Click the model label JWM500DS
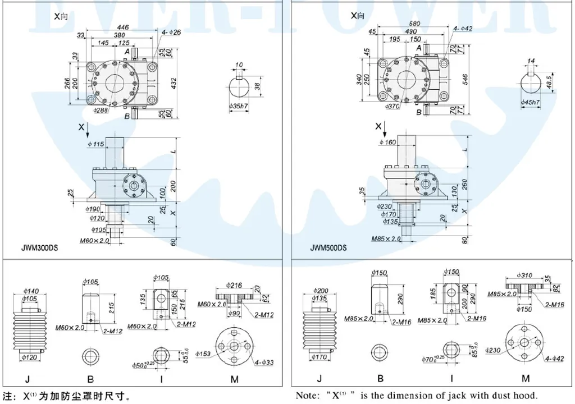pyautogui.click(x=328, y=247)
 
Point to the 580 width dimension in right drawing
pyautogui.click(x=414, y=24)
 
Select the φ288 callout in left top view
pyautogui.click(x=101, y=111)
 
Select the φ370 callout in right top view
pyautogui.click(x=393, y=105)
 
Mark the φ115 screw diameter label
pyautogui.click(x=96, y=145)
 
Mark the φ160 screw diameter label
pyautogui.click(x=388, y=143)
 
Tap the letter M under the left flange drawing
pyautogui.click(x=234, y=379)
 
